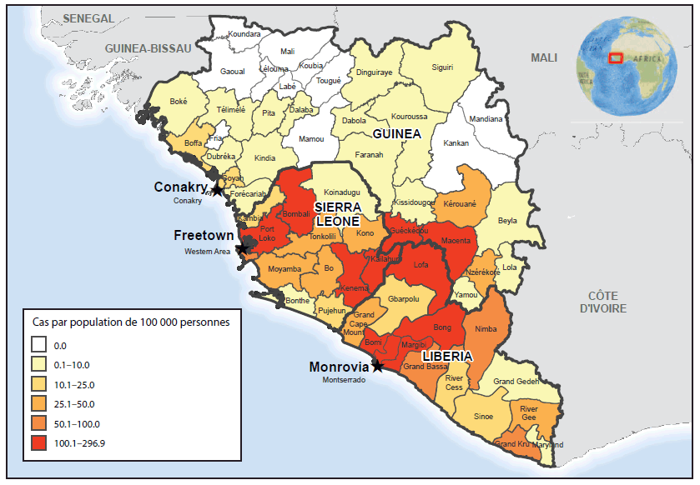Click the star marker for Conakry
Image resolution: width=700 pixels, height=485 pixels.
pos(217,190)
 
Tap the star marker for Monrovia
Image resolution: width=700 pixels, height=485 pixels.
pos(378,366)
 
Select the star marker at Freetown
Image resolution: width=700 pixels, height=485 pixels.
pos(242,248)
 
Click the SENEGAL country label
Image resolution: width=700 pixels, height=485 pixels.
pos(88,18)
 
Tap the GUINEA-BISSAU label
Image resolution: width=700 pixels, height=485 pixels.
pos(148,49)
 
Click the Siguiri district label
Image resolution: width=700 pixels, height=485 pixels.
pos(441,67)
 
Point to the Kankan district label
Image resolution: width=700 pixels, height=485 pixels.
pos(456,143)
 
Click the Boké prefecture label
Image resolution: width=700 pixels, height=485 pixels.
pos(179,101)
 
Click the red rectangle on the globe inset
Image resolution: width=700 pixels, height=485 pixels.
pos(615,57)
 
